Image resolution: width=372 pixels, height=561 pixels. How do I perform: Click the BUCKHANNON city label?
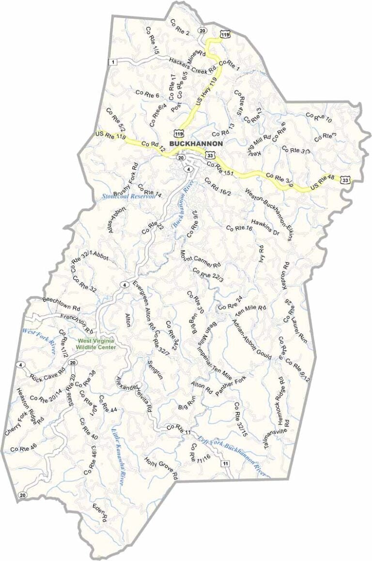pyautogui.click(x=196, y=144)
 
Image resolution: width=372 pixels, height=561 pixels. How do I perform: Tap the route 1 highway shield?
pyautogui.click(x=113, y=62)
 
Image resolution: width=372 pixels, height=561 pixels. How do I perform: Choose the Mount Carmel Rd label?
pyautogui.click(x=201, y=259)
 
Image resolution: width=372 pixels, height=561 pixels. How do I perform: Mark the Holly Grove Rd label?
pyautogui.click(x=161, y=467)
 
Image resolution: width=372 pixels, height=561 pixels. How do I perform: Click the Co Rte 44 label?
pyautogui.click(x=108, y=403)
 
